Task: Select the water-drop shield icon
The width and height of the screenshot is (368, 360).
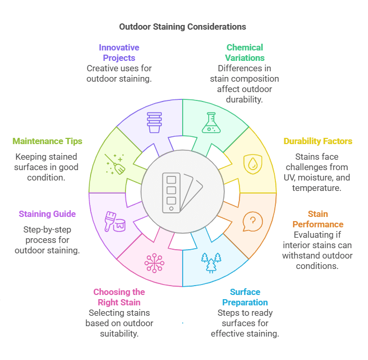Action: (x=252, y=162)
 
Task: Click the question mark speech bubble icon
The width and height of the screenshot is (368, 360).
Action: (x=252, y=221)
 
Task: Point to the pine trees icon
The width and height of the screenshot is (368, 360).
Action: (x=211, y=262)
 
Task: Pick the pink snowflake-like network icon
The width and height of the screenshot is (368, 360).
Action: (x=154, y=262)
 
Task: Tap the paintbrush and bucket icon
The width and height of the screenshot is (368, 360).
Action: (x=115, y=221)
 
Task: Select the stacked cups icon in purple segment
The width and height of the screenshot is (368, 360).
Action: (x=154, y=122)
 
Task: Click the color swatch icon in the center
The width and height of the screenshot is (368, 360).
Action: (x=182, y=192)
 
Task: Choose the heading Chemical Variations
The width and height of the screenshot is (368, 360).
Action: (x=245, y=53)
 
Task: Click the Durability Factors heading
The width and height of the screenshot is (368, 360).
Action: (x=318, y=141)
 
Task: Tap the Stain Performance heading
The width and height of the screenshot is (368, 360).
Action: (x=318, y=219)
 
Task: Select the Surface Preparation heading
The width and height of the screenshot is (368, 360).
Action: (x=245, y=297)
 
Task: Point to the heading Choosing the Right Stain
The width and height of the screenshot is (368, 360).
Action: (x=119, y=297)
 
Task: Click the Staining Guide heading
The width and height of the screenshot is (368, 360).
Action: (x=47, y=214)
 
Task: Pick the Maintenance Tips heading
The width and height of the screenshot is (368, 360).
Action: (x=47, y=141)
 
